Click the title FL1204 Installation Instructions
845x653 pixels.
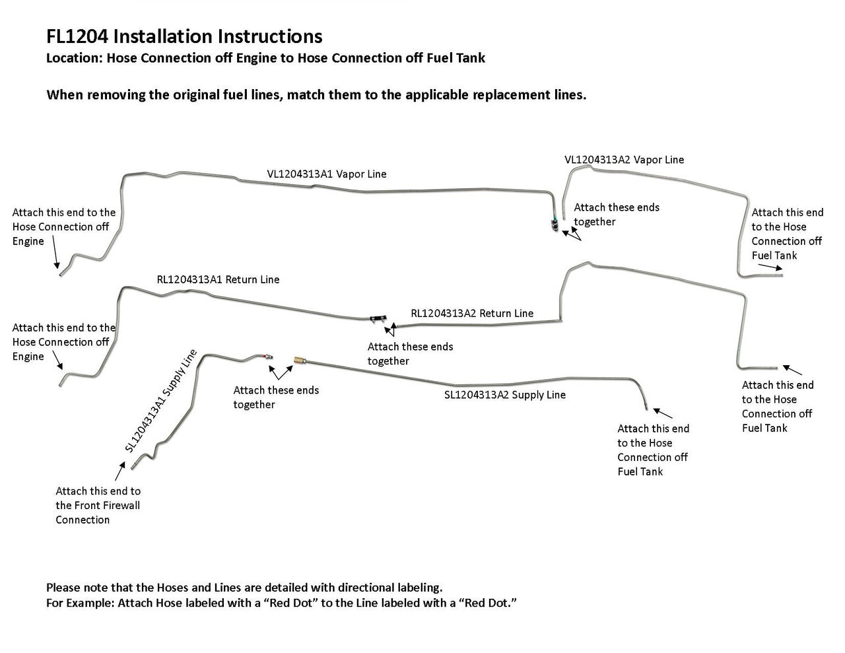(x=184, y=36)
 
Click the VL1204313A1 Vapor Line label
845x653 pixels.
(x=327, y=174)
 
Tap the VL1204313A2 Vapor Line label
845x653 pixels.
(x=624, y=160)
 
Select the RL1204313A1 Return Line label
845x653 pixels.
(x=218, y=279)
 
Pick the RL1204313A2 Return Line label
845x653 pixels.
(x=472, y=313)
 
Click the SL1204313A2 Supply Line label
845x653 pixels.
(x=504, y=395)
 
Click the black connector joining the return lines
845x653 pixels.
(x=377, y=319)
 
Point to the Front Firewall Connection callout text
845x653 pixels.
(x=98, y=505)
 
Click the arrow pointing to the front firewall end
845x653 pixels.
(x=119, y=471)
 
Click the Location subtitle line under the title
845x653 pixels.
(x=265, y=58)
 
